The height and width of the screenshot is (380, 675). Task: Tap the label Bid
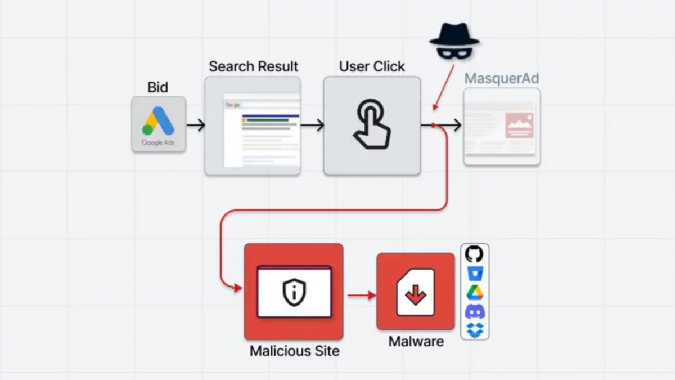coord(158,87)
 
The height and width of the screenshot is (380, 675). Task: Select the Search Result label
coord(253,66)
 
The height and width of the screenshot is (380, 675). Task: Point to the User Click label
coord(372,66)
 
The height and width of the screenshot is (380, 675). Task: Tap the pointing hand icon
coord(372,124)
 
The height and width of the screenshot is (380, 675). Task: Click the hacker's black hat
coord(454,35)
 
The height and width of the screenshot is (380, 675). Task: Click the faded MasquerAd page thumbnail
coord(502,127)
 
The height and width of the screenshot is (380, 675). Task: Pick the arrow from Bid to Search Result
coord(195,125)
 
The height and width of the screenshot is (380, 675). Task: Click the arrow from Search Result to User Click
coord(312,125)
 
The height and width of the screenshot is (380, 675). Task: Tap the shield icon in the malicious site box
coord(294,293)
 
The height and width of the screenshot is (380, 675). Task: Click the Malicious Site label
coord(294,351)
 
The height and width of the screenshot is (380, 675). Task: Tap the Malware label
coord(416,341)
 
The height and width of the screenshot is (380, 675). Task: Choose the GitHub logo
coord(475,254)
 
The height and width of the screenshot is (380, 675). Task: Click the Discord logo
coord(475,311)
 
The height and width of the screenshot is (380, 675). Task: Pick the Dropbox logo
coord(475,330)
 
